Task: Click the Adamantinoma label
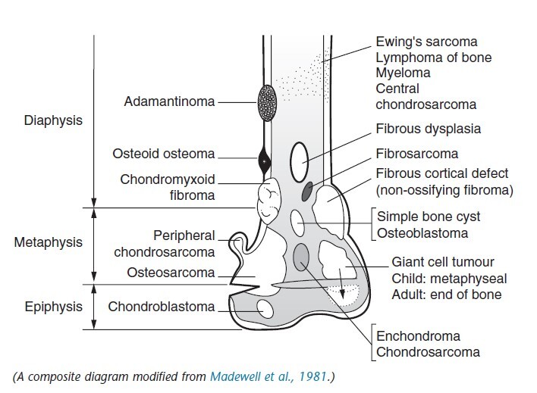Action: (x=171, y=100)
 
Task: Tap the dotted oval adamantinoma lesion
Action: (x=266, y=100)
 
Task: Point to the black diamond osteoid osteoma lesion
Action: (x=265, y=161)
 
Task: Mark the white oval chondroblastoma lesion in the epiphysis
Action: (x=265, y=309)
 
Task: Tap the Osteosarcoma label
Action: (x=172, y=273)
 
